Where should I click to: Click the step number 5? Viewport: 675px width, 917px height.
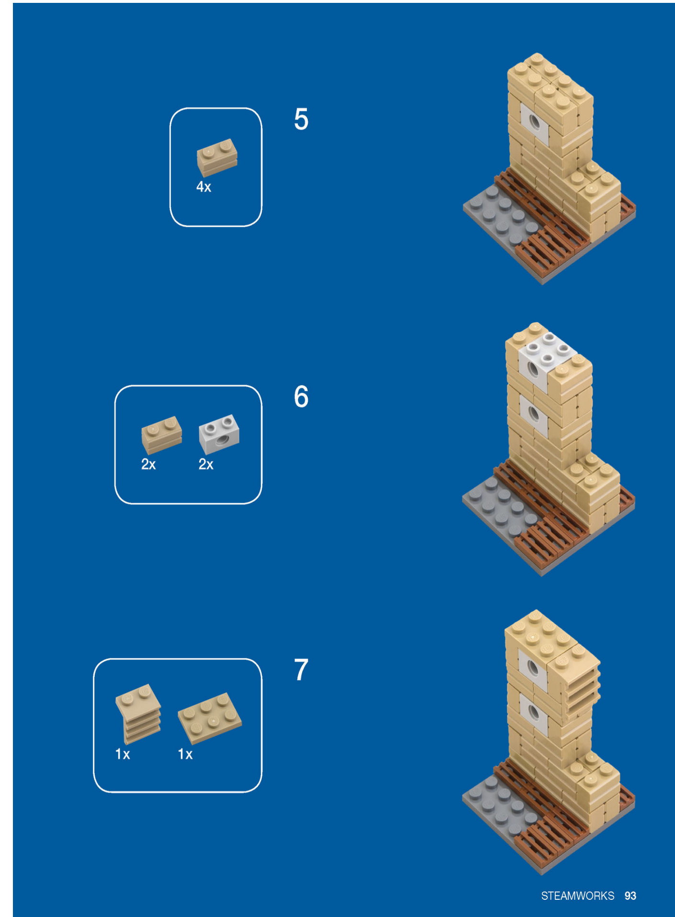click(301, 119)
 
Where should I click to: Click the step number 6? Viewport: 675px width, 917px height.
click(301, 397)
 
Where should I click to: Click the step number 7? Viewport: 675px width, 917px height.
click(301, 669)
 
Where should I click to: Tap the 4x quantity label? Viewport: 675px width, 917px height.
click(203, 187)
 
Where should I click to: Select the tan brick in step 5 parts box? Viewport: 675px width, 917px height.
click(217, 157)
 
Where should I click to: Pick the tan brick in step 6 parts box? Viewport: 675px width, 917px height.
click(161, 434)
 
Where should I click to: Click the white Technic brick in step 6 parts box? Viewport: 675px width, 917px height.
click(219, 434)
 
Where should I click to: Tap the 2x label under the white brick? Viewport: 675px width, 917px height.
click(206, 464)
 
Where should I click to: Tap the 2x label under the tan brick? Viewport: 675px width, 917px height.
click(148, 464)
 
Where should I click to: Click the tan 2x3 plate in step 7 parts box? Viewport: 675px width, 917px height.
click(210, 718)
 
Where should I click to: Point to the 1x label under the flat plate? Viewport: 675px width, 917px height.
click(185, 754)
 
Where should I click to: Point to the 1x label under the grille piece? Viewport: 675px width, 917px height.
click(123, 754)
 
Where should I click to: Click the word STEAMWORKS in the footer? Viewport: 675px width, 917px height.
click(577, 895)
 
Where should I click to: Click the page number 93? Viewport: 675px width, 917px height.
click(630, 895)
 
